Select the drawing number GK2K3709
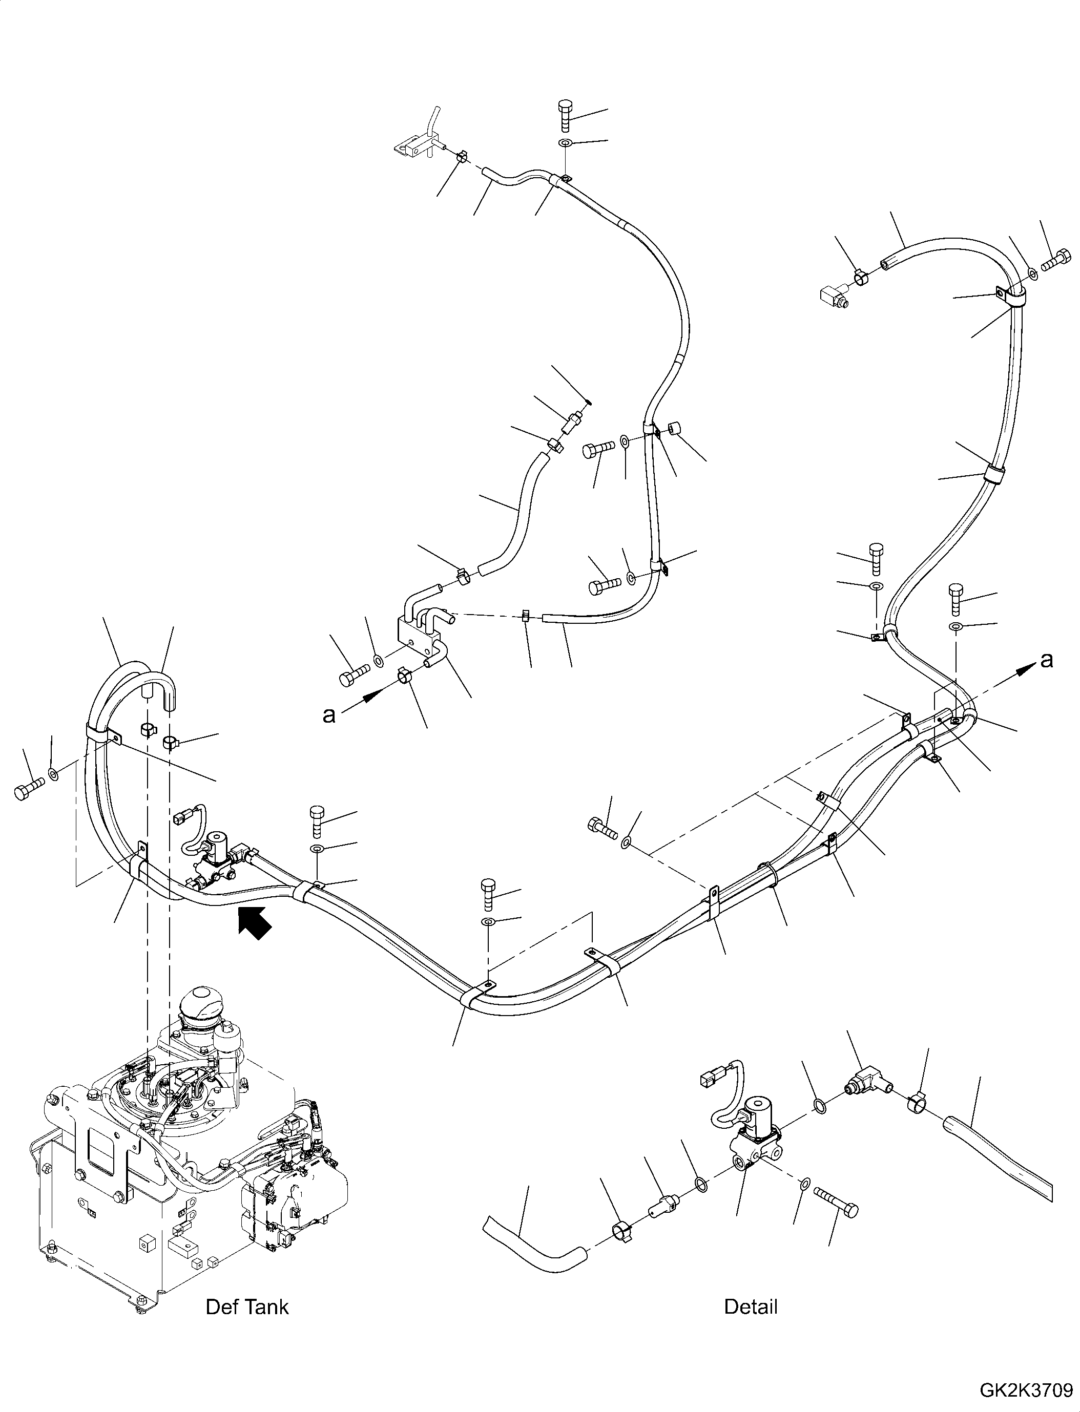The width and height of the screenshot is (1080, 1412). [x=1028, y=1392]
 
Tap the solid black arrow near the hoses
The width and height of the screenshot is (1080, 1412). [x=255, y=923]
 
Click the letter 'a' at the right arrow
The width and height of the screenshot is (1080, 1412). [x=1047, y=660]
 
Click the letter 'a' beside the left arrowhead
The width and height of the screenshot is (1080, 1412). [x=328, y=714]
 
